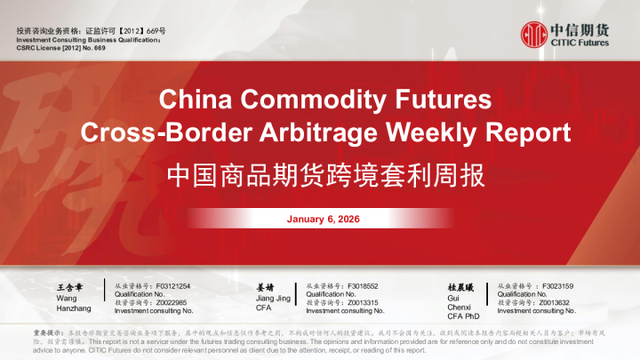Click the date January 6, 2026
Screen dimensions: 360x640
point(324,219)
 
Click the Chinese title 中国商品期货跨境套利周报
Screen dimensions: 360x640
point(326,175)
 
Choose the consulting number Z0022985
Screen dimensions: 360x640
point(168,302)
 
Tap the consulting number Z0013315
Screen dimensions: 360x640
point(359,302)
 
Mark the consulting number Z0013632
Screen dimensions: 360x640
point(551,302)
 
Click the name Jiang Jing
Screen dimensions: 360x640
point(273,298)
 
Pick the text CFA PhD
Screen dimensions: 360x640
point(463,316)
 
